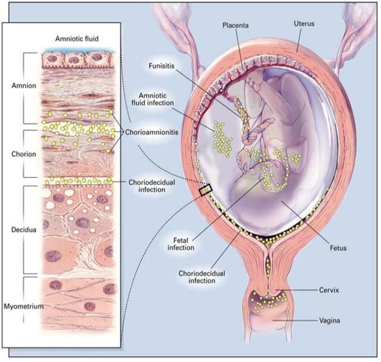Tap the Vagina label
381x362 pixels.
336,320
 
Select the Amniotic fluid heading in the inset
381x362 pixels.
72,39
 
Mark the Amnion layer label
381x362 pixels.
23,85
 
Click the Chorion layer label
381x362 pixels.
23,154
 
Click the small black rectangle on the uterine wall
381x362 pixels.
205,189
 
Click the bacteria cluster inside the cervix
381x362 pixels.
268,301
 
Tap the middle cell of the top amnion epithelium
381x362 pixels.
75,59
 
